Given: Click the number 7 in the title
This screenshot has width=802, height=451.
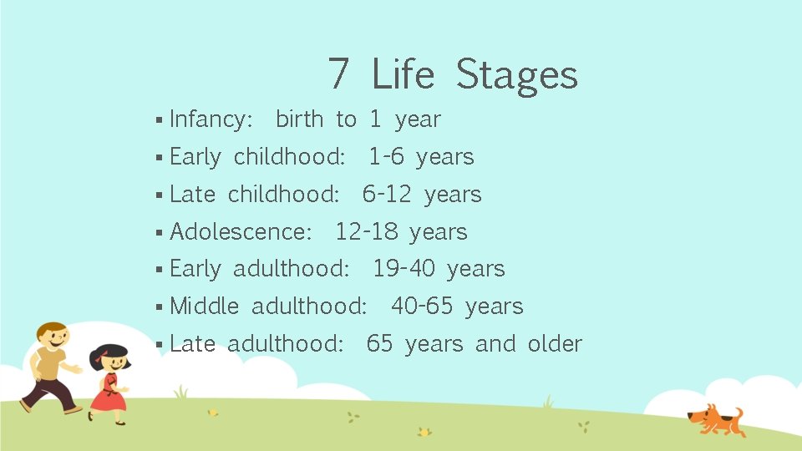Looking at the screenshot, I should [338, 73].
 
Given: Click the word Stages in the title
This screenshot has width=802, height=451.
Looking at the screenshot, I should [516, 75].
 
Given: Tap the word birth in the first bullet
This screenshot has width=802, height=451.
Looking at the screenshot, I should [299, 119].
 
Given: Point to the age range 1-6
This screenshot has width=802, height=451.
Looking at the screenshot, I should [386, 157].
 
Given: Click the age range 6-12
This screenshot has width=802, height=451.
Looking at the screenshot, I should [387, 195].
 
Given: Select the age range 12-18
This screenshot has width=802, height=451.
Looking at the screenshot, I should [366, 231].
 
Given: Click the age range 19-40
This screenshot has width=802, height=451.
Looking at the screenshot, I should [404, 269].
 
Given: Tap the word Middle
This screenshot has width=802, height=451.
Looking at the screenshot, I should [204, 307].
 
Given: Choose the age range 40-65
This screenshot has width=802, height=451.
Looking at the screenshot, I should [422, 307].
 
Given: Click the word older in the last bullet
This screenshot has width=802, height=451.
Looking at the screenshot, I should [555, 343].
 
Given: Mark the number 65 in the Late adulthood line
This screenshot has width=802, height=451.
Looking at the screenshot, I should [379, 343].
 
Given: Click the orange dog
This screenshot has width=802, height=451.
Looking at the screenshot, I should [715, 418].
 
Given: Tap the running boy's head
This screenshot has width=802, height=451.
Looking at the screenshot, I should [52, 338].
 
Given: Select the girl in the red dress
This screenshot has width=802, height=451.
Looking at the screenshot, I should [109, 384].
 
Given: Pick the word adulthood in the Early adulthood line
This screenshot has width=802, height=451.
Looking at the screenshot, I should [291, 269].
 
